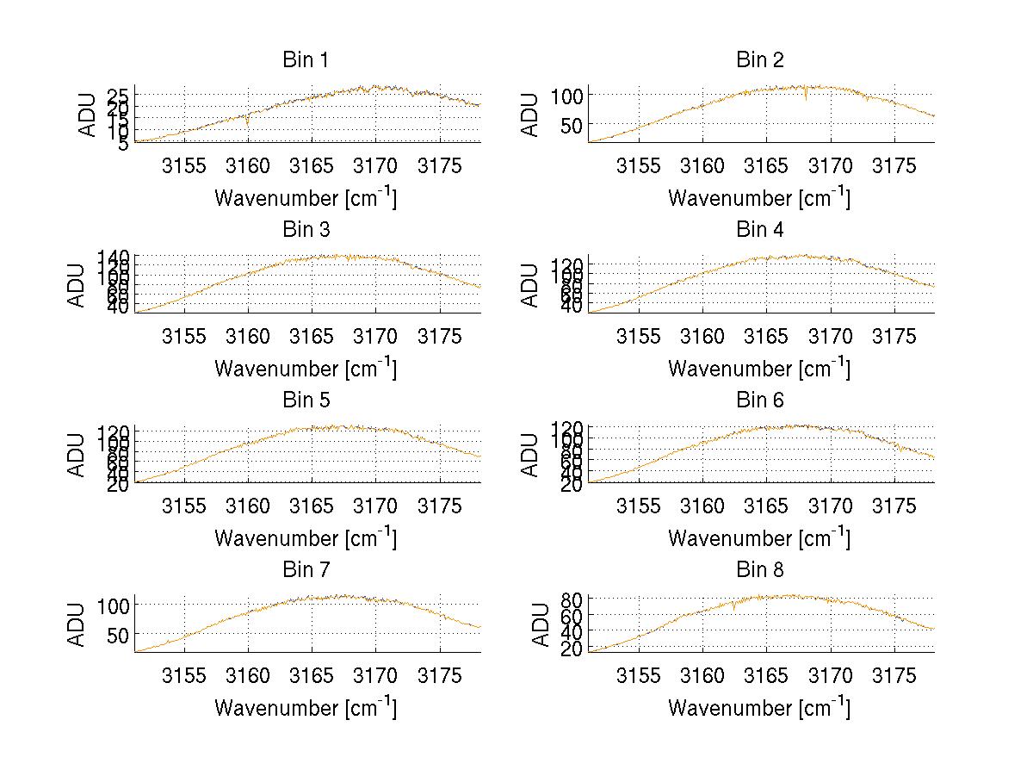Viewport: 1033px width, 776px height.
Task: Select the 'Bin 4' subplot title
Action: pyautogui.click(x=759, y=230)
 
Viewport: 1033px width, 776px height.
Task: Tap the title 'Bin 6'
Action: pyautogui.click(x=759, y=400)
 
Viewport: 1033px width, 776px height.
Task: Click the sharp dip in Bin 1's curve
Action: pyautogui.click(x=248, y=123)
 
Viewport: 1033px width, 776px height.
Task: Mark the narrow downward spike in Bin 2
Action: pyautogui.click(x=806, y=97)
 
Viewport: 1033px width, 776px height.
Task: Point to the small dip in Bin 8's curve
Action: pyautogui.click(x=733, y=607)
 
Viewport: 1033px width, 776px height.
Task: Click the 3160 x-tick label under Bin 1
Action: pyautogui.click(x=248, y=166)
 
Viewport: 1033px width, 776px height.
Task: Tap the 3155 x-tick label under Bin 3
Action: pyautogui.click(x=184, y=336)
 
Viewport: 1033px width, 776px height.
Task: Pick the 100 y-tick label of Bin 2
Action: pyautogui.click(x=567, y=95)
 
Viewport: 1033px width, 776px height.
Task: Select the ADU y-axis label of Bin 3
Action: pyautogui.click(x=77, y=285)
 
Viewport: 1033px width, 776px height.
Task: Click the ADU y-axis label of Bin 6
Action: pyautogui.click(x=531, y=455)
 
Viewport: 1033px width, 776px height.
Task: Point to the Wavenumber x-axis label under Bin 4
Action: pyautogui.click(x=758, y=368)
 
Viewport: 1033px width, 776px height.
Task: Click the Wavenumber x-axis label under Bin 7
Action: pyautogui.click(x=305, y=707)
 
